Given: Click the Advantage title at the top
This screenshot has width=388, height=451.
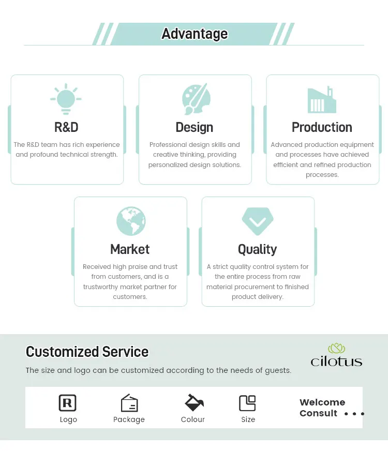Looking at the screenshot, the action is [x=195, y=34].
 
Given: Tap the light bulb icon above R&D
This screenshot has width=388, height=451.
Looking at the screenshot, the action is [x=66, y=98].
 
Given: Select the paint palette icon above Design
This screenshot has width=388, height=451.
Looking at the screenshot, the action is [x=196, y=99].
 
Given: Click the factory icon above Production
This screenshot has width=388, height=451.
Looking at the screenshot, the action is [x=322, y=100].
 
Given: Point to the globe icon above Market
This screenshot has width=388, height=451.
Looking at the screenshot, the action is [x=131, y=221].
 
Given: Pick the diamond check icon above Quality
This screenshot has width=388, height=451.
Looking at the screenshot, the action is [x=258, y=221].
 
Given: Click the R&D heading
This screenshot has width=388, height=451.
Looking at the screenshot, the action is [x=66, y=127].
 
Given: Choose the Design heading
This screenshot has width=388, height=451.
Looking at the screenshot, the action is [x=195, y=127].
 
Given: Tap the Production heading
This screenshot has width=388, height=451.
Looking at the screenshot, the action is [x=322, y=127].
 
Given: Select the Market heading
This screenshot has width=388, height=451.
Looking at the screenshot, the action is [x=130, y=249].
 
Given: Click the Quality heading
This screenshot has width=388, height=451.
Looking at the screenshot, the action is [x=257, y=249].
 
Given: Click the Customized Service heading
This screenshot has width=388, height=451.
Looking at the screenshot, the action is [x=87, y=352].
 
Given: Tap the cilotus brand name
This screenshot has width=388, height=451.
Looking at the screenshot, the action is [x=336, y=361].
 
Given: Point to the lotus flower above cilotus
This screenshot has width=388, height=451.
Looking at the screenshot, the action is [x=336, y=348].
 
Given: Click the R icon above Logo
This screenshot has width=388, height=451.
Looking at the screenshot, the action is [x=68, y=403].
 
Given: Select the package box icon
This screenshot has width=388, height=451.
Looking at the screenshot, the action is [x=129, y=403].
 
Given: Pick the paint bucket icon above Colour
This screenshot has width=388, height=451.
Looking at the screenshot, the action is [x=194, y=402].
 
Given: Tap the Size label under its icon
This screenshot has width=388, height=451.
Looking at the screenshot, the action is [x=248, y=419].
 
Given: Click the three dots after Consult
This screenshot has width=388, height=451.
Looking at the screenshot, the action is [x=354, y=414].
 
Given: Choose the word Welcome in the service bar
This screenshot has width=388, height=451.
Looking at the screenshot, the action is [x=322, y=402].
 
